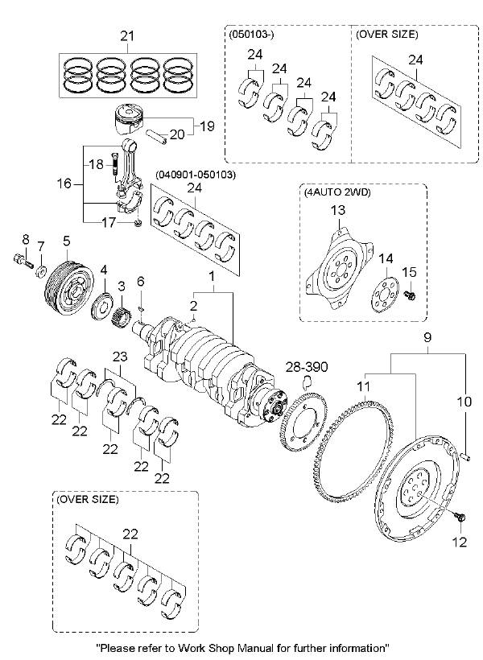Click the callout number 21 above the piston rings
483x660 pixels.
127,35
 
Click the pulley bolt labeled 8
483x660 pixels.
24,261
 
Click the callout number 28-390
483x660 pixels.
307,367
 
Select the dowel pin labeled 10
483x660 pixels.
467,456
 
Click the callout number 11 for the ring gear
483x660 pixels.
364,386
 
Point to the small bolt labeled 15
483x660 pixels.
411,295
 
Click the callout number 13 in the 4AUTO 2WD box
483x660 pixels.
338,209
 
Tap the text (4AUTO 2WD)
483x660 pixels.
336,193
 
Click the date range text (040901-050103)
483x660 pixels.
196,174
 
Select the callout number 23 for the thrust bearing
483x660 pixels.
120,357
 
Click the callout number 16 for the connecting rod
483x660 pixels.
64,184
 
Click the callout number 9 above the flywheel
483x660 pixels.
427,336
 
